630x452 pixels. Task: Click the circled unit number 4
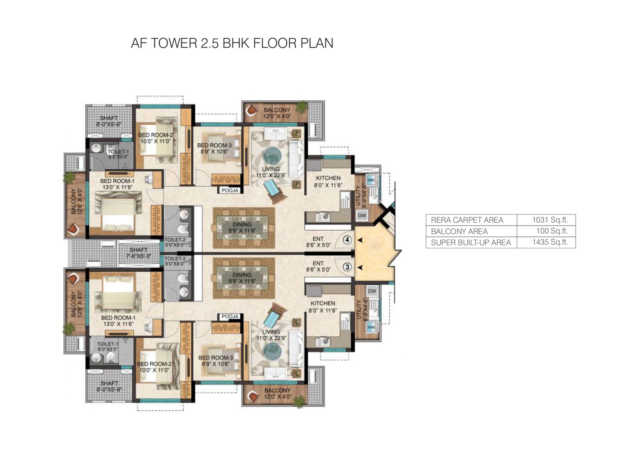347,240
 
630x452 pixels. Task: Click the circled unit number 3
347,267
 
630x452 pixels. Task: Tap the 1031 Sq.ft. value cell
550,220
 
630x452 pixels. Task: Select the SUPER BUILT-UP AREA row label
471,242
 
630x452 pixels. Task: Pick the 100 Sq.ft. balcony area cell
552,231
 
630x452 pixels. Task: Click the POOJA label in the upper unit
230,190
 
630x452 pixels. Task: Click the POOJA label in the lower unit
230,316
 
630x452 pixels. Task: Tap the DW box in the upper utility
362,215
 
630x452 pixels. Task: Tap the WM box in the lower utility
371,327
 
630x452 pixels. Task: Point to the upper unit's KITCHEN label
328,178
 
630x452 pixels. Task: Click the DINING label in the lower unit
242,275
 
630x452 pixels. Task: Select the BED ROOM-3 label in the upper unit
214,145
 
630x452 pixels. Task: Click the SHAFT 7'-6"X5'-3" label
139,250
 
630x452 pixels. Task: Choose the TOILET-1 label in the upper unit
118,151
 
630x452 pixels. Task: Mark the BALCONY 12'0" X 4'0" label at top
277,110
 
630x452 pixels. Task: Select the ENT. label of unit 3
318,263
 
